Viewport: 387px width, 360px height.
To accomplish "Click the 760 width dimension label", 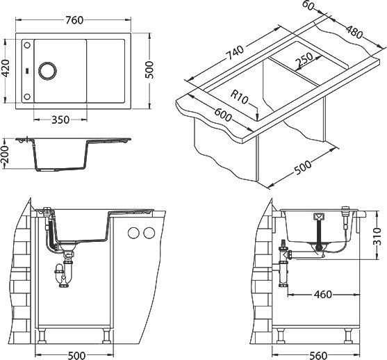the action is [74, 20].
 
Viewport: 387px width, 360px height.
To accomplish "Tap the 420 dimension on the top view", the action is [6, 67].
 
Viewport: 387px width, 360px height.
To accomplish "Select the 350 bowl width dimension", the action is [60, 120].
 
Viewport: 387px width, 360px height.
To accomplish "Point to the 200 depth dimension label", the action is [5, 154].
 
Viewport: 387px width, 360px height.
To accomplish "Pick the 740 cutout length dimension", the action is [235, 53].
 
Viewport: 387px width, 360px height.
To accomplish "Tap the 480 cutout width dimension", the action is [354, 32].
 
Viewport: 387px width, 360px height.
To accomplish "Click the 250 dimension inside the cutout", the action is [304, 60].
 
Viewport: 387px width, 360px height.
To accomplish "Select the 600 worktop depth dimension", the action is [223, 115].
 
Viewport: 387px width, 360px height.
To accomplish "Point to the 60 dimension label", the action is [308, 6].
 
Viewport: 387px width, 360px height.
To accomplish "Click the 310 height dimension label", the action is [377, 236].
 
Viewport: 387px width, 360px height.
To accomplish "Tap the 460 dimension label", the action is [323, 294].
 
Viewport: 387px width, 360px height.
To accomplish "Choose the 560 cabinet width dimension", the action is [318, 356].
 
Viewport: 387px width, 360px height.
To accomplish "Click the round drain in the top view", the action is [47, 71].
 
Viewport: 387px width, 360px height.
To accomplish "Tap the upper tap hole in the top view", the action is [27, 45].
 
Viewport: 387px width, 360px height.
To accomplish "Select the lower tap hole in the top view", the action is [27, 97].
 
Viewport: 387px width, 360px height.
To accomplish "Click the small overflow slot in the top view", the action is [27, 71].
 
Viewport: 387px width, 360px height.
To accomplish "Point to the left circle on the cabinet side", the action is [133, 233].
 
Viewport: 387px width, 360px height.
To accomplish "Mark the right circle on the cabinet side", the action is [149, 233].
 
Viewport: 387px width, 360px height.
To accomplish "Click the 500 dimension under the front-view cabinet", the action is [76, 356].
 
